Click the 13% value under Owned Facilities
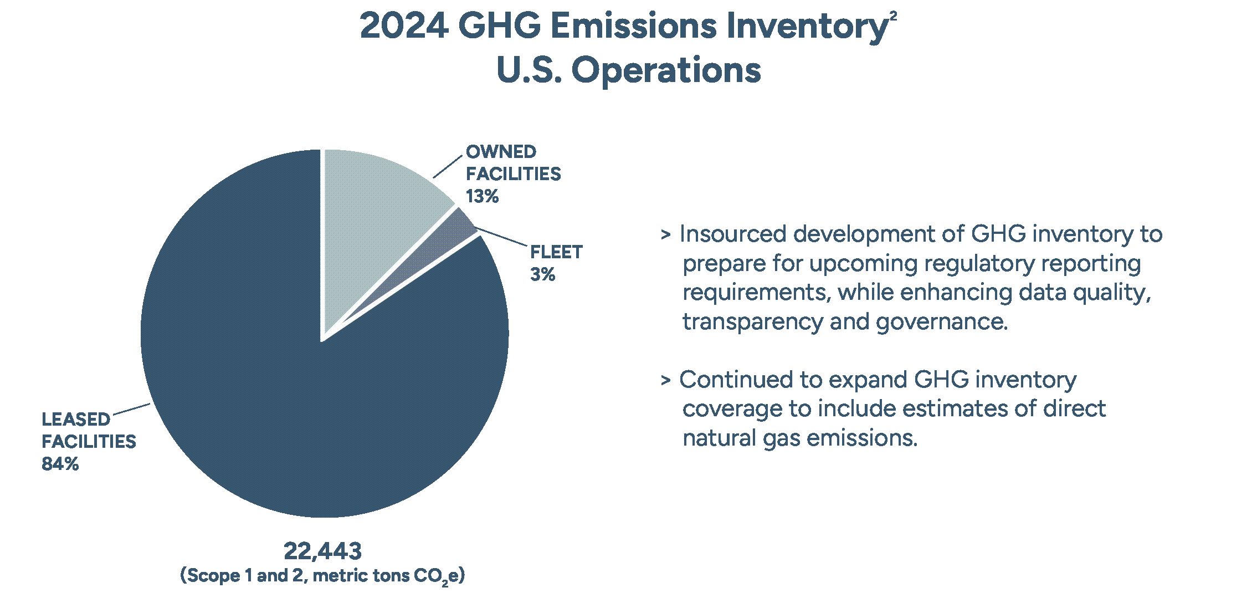(x=482, y=196)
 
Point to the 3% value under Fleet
(x=542, y=274)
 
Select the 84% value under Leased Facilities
(x=60, y=464)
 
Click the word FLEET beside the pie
(x=556, y=252)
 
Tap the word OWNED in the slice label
(x=501, y=152)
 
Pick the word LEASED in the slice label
(x=76, y=420)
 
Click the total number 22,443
(x=322, y=551)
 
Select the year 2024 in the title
(x=403, y=26)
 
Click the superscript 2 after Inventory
(x=892, y=16)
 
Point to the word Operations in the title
(x=666, y=70)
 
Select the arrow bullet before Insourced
(x=665, y=235)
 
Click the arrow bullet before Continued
(x=665, y=381)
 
